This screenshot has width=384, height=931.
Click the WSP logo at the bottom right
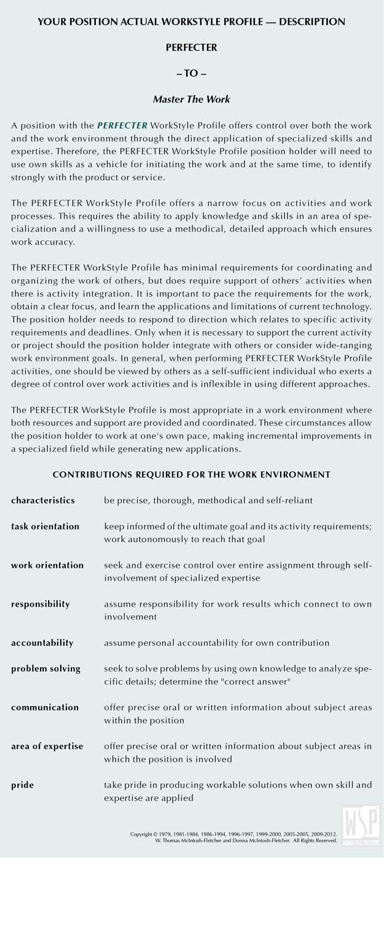(359, 824)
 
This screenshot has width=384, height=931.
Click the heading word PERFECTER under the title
(191, 47)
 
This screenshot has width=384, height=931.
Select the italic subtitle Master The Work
(191, 99)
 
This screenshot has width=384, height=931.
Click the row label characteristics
(43, 500)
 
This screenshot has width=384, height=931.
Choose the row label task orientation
(45, 527)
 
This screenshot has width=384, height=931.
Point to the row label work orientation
(47, 565)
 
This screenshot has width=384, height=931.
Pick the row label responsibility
(41, 604)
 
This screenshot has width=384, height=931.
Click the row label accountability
(42, 643)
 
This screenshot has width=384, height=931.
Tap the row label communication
(44, 707)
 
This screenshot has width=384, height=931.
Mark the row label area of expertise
(47, 746)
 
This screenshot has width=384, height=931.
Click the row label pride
(23, 785)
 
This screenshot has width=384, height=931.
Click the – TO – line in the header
(191, 73)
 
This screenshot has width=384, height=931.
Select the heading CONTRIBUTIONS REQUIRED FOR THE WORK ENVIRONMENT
(191, 474)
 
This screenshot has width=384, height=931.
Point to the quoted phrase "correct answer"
(261, 682)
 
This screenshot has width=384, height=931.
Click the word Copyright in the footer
(141, 835)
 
